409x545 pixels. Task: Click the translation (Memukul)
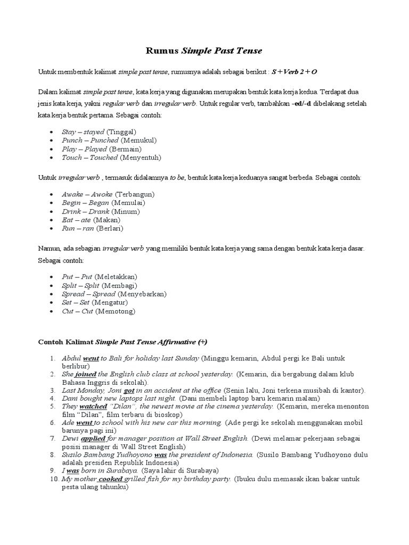tap(138, 140)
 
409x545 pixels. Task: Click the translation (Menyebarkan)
tap(142, 294)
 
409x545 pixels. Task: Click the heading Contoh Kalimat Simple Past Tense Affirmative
tap(124, 341)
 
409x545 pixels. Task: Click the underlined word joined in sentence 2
tap(84, 374)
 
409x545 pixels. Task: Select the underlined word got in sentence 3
tap(128, 390)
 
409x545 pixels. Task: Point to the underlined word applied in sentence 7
tap(93, 438)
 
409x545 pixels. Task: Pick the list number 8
tap(53, 455)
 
